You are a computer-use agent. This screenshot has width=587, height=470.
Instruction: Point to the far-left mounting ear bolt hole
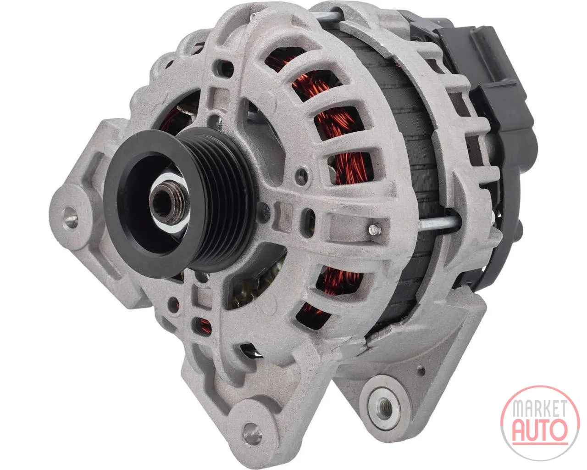coord(70,218)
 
